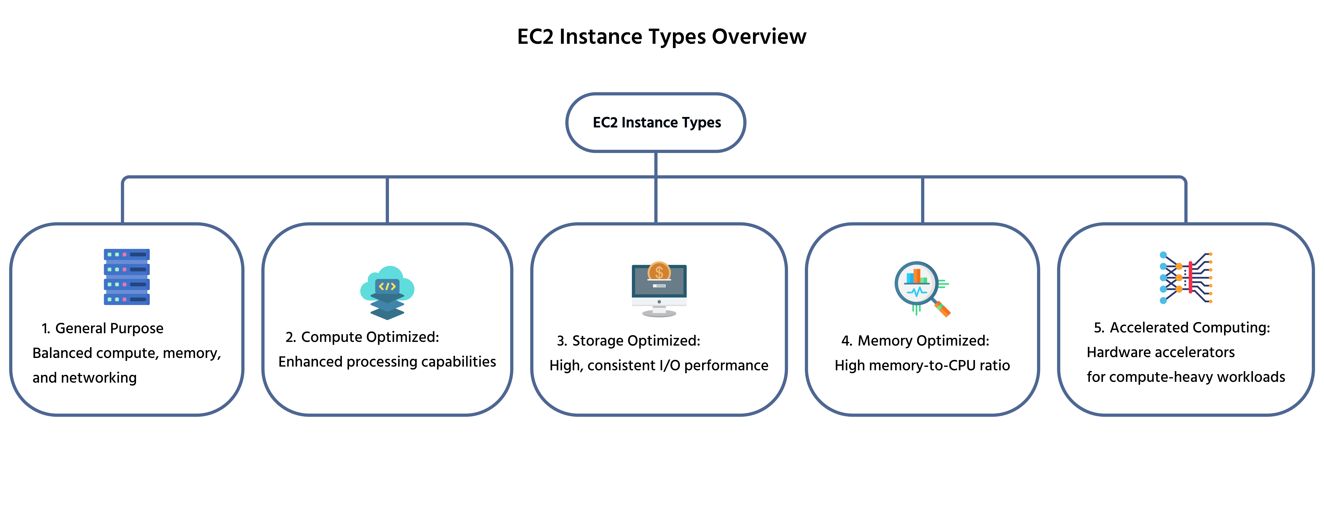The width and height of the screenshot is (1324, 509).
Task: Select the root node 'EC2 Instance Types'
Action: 656,122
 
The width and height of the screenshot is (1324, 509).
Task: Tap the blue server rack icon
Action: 126,277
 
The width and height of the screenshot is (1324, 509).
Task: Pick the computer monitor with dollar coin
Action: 659,289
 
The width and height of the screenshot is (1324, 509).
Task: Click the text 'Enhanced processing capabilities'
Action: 387,362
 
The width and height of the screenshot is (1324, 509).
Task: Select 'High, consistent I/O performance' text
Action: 659,366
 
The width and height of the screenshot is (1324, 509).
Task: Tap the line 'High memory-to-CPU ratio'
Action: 922,366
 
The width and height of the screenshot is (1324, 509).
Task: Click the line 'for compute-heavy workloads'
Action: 1186,377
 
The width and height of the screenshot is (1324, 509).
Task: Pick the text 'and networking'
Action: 85,378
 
